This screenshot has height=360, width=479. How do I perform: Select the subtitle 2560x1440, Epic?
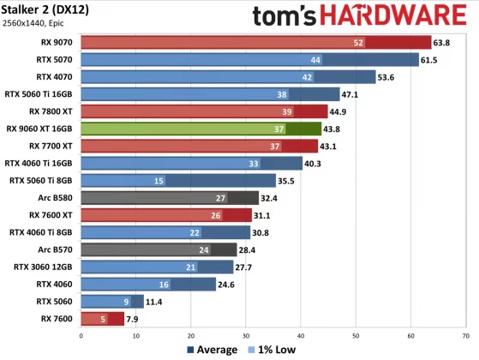[x=39, y=25]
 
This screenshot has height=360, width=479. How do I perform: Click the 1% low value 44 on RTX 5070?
[x=316, y=59]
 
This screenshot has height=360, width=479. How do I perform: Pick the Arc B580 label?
[x=53, y=197]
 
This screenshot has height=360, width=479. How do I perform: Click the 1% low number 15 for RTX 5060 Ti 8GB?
[x=159, y=181]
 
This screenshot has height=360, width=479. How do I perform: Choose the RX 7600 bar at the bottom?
[x=101, y=319]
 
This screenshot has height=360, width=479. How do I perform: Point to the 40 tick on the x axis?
[x=301, y=335]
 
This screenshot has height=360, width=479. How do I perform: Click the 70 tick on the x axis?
[x=466, y=335]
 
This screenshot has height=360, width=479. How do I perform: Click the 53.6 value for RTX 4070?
[x=388, y=77]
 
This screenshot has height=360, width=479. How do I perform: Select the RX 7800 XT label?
[x=51, y=111]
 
